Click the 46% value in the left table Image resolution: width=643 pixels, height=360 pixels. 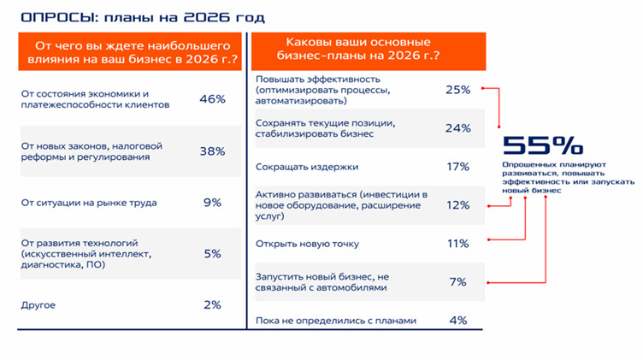coord(212,99)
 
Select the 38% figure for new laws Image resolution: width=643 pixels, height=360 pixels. coord(212,151)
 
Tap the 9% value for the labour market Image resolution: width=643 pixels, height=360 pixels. coord(212,203)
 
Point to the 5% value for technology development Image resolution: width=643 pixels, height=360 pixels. coord(212,254)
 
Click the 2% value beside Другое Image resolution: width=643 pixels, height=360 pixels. coord(212,304)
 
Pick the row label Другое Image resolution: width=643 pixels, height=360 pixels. coord(38,305)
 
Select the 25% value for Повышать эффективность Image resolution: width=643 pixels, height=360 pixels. coord(458,90)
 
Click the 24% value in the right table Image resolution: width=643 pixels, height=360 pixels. coord(458,128)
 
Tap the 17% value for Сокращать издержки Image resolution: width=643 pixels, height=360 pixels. coord(458,167)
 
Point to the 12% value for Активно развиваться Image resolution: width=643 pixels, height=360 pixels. coord(458,205)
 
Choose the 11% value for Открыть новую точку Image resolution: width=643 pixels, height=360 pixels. coord(458,244)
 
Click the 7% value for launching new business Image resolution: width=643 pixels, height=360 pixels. coord(458,281)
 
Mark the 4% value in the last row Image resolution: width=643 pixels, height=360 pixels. coord(458,320)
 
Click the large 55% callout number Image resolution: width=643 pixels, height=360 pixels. coord(543,145)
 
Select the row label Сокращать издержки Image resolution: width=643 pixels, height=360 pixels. coord(307,167)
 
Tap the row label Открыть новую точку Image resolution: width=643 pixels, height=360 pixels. coord(307,244)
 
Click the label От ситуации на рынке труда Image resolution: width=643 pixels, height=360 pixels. coord(89,203)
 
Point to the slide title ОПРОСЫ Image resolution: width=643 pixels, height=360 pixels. coord(59,17)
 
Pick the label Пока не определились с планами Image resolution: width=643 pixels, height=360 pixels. coord(336,321)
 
